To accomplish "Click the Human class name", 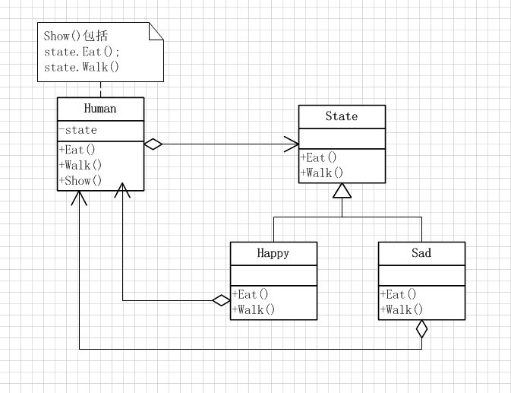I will (100, 109).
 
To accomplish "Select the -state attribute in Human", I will (77, 130).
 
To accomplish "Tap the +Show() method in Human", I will (80, 180).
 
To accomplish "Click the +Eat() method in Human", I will (77, 150).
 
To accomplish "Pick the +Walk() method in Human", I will (80, 165).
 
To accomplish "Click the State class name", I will (342, 116).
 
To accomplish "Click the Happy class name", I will (273, 253).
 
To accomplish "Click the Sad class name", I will (421, 253).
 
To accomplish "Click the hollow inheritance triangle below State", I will (342, 191).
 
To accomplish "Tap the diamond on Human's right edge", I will (153, 144).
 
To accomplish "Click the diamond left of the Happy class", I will (221, 301).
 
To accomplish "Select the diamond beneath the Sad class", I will (421, 329).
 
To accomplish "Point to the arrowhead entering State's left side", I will (292, 144).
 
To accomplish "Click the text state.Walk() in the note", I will (82, 67).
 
